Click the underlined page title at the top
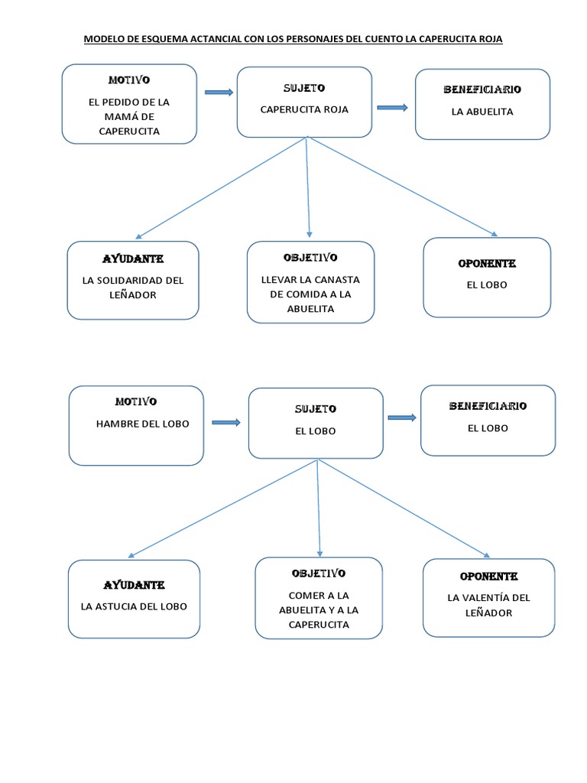[293, 39]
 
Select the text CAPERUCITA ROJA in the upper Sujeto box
[304, 109]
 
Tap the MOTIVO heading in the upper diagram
[129, 80]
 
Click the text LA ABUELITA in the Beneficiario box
[482, 112]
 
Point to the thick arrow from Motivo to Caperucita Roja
[219, 93]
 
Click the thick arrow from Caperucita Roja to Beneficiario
[393, 108]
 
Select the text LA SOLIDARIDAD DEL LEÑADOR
[133, 288]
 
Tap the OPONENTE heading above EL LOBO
[487, 264]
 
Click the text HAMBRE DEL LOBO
[143, 424]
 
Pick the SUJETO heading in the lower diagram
[316, 409]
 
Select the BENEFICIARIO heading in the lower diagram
[488, 406]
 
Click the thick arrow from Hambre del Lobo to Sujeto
[226, 422]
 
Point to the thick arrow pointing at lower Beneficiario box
[402, 417]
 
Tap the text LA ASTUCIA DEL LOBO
[134, 606]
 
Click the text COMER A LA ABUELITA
[319, 603]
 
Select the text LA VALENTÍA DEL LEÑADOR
[488, 605]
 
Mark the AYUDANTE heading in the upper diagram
[134, 258]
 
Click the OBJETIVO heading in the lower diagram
[319, 573]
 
